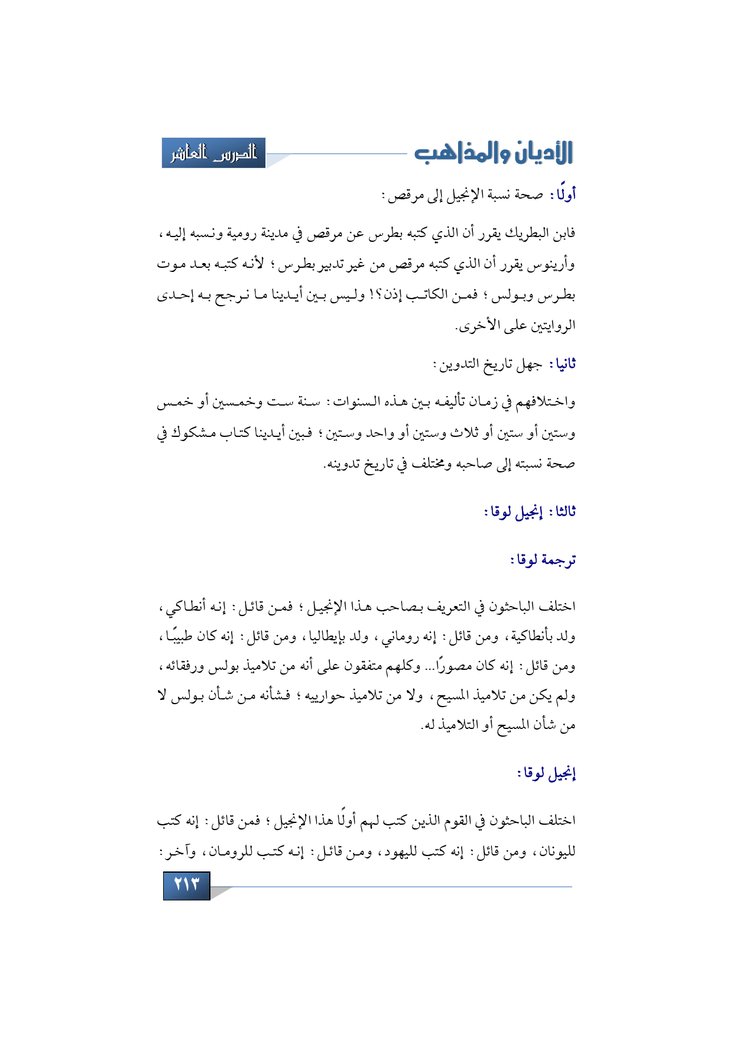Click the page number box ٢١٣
coord(187,884)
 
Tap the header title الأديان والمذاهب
coord(493,153)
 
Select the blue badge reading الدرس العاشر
coord(213,153)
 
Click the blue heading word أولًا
coord(563,194)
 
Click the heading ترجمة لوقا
coord(543,559)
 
